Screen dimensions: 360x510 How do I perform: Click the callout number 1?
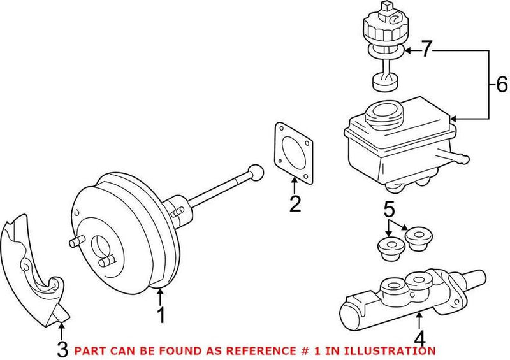(161, 315)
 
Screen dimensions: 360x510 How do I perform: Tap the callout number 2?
(294, 203)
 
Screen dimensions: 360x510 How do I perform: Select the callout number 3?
(61, 349)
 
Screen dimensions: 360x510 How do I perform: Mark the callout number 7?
(426, 49)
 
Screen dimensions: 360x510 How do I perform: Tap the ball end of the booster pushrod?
(255, 172)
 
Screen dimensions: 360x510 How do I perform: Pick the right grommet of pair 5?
(418, 238)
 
